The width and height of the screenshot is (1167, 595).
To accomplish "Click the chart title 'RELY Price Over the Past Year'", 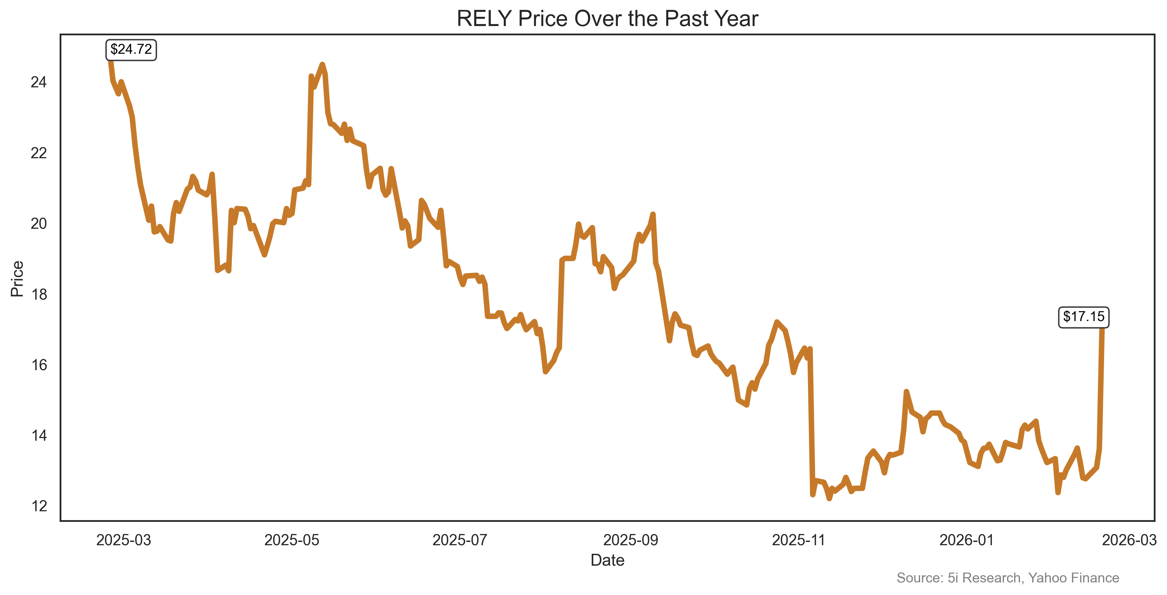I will [607, 19].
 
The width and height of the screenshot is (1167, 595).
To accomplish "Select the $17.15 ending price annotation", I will [1084, 316].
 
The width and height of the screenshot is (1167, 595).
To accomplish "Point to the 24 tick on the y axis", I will [39, 82].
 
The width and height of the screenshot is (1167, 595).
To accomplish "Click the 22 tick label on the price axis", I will [39, 153].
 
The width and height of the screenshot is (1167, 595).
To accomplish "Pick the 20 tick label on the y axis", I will [39, 223].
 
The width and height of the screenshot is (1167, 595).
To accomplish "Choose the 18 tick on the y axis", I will [39, 295].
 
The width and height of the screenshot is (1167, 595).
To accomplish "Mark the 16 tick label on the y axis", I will [39, 365].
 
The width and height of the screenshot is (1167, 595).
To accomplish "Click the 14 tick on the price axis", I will [39, 435].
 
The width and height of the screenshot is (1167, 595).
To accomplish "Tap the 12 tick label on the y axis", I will [39, 506].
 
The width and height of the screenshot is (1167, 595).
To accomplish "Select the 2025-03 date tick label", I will [124, 540].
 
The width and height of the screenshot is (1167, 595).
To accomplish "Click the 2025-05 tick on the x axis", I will [292, 540].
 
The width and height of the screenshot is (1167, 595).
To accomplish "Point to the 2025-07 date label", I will [460, 540].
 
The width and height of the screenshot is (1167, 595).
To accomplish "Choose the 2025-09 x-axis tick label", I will [631, 540].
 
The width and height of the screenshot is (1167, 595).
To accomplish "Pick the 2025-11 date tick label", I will [799, 540].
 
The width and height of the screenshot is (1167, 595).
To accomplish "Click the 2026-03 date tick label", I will [1129, 540].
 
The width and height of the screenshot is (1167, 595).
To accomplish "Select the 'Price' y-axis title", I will [17, 279].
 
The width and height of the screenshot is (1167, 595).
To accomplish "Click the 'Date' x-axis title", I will [607, 561].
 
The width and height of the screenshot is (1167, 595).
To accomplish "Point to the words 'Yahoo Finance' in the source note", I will [1073, 578].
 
